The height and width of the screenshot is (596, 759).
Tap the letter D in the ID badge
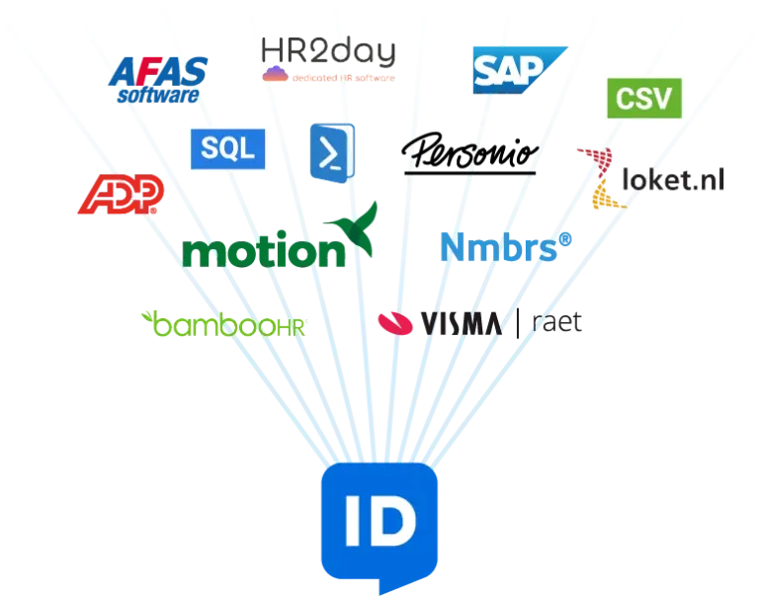point(395,525)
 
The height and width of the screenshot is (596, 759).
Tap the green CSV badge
point(643,97)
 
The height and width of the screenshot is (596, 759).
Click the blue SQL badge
point(226,148)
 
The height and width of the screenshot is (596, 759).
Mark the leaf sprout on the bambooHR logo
point(151,317)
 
